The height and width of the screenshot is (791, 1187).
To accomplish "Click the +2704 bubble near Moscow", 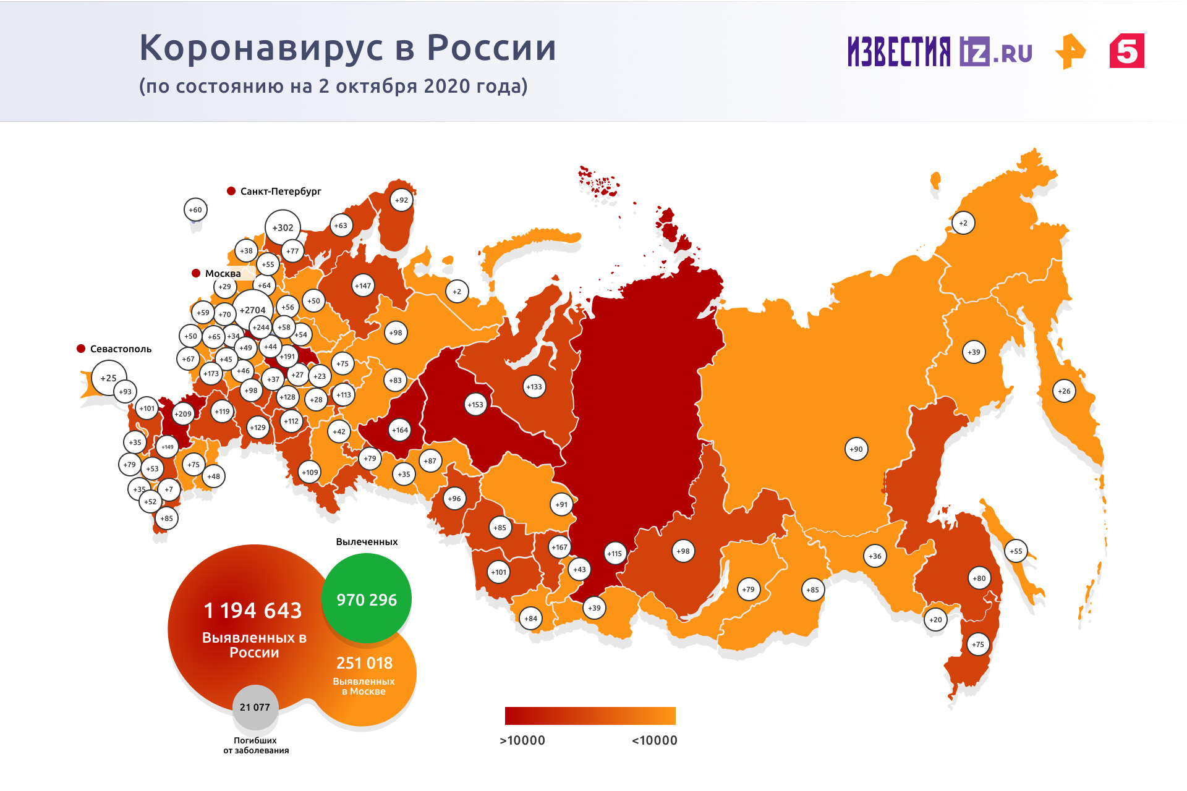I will point(252,310).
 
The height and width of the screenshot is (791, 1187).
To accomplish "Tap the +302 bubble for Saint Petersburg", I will point(283,227).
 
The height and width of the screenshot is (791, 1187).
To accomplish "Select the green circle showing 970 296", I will point(367,599).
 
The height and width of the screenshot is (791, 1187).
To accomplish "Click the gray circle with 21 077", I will point(255,707).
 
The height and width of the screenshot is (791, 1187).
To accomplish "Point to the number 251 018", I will point(364,663).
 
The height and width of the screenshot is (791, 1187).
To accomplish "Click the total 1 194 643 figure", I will point(253,611).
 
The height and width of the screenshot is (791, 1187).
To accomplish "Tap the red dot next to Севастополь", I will point(81,349).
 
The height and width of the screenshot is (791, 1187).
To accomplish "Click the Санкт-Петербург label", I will point(281,191).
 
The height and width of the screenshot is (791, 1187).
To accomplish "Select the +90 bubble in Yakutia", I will point(856,449).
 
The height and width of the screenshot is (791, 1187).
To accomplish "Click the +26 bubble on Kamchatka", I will point(1063,391).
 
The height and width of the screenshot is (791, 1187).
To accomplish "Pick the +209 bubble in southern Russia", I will point(183,414).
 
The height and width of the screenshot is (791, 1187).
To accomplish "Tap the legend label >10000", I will point(522,740).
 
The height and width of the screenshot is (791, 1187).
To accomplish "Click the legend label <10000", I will point(654,740).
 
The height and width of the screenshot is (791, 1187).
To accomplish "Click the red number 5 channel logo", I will point(1126,51).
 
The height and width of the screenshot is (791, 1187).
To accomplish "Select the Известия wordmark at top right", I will point(899,51).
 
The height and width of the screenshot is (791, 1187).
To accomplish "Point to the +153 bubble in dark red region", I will point(475,405).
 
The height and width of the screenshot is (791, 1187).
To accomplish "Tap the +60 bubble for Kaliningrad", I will point(195,210).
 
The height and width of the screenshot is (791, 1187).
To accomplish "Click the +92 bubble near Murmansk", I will point(402,200).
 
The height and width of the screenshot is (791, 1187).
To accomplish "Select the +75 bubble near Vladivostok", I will point(977,645).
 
